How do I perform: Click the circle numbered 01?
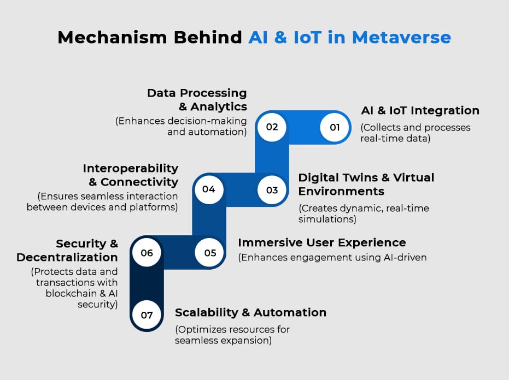click(x=335, y=127)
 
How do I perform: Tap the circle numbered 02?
click(x=272, y=127)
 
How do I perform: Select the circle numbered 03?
click(x=272, y=189)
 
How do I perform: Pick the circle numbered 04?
click(x=209, y=189)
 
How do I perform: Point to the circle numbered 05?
click(x=210, y=253)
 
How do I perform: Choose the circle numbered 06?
click(x=147, y=253)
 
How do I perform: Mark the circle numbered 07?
click(x=147, y=315)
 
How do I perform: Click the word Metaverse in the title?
click(x=401, y=37)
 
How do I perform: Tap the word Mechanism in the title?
click(x=112, y=37)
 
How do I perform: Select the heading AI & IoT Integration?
click(x=420, y=111)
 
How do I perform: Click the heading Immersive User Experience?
click(x=322, y=242)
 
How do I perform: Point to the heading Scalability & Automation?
click(x=250, y=312)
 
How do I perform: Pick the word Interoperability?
click(x=131, y=169)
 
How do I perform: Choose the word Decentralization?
click(x=67, y=257)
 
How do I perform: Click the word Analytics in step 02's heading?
click(x=219, y=106)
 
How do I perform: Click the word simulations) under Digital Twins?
click(x=327, y=219)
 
